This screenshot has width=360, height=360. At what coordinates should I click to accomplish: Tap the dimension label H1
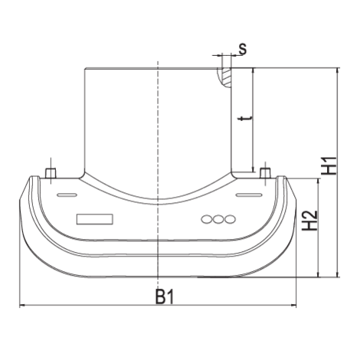329,165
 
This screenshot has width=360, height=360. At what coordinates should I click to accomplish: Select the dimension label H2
309,221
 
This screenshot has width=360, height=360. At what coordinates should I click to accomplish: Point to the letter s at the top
243,49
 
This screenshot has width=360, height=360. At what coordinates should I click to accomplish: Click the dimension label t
244,119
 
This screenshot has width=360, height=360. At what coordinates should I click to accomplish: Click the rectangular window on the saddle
95,219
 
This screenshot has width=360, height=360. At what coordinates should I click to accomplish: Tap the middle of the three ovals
218,219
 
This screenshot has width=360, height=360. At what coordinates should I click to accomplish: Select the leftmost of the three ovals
207,219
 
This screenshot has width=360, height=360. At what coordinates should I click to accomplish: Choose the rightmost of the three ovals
230,219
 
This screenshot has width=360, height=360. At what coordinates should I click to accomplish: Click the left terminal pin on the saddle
51,173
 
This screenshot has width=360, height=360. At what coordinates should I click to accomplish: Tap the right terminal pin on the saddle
265,172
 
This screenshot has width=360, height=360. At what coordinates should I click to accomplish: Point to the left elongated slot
67,195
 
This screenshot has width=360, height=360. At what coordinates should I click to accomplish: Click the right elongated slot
249,195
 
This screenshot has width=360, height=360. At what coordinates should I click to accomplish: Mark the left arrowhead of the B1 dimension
22,305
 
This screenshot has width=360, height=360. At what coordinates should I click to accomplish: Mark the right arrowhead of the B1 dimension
293,305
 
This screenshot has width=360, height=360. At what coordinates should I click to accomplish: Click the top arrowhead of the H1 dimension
338,71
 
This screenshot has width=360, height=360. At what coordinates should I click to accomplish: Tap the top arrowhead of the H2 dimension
318,182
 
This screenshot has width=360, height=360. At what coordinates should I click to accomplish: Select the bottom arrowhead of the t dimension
253,169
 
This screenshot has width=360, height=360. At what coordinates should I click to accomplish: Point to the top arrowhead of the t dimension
253,71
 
